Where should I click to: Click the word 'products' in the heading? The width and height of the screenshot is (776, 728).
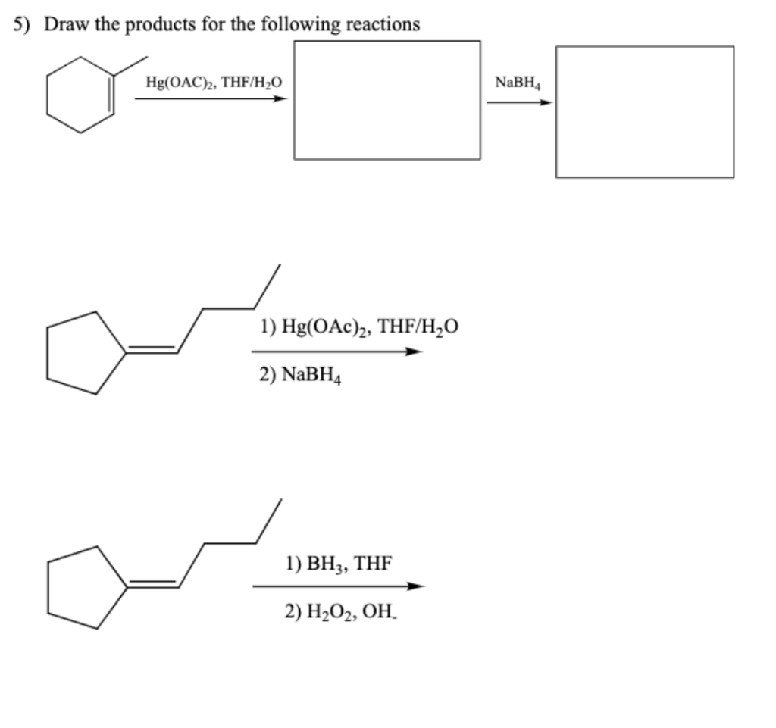pos(158,24)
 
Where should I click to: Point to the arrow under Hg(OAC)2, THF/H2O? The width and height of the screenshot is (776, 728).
pos(212,98)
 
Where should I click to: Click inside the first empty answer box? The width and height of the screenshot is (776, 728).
pos(386,100)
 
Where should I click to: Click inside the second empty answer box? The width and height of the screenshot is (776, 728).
pos(644,112)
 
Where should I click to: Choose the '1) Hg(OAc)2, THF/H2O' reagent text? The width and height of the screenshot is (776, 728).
pos(358,327)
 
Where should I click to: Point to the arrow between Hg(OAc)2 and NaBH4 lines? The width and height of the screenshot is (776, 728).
pos(336,352)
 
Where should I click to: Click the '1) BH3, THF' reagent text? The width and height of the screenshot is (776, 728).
pos(339,563)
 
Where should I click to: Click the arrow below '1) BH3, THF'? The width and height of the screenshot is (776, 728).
pos(338,586)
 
